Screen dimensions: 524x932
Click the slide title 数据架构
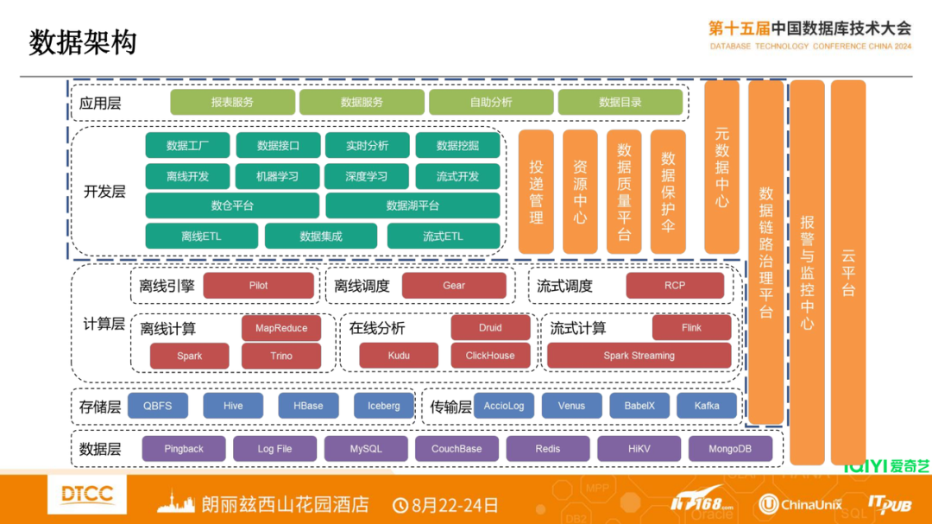[83, 42]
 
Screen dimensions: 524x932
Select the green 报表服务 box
[232, 102]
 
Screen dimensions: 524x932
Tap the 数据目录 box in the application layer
[620, 102]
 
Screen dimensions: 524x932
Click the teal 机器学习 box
[277, 176]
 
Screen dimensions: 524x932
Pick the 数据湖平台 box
[412, 205]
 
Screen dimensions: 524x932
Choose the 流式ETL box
[443, 236]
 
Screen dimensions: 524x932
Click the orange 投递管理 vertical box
[536, 192]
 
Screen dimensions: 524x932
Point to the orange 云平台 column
[848, 272]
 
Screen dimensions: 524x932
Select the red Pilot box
[258, 286]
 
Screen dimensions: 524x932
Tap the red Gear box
[454, 286]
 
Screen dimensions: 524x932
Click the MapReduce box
[281, 328]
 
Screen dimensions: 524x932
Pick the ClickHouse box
[490, 356]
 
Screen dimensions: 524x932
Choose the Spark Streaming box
[639, 356]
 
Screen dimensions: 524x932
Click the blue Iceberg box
[383, 406]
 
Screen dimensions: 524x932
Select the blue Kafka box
[707, 406]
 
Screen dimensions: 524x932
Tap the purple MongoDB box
[730, 449]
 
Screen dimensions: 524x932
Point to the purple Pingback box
[184, 449]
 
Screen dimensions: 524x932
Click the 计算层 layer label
[104, 325]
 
